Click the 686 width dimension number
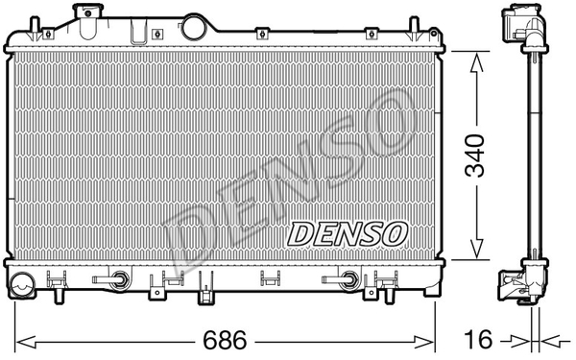(225, 340)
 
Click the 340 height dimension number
(474, 156)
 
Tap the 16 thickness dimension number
(478, 340)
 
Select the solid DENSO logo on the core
(348, 234)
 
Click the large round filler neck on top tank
(195, 27)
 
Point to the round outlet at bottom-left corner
(22, 285)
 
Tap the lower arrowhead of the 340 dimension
(476, 248)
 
